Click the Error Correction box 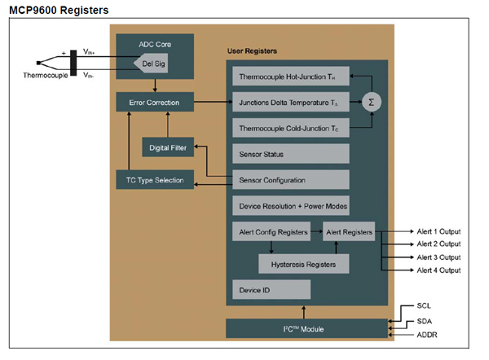pos(154,103)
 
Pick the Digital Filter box pos(169,147)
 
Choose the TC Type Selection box pos(155,180)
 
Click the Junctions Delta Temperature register pos(291,103)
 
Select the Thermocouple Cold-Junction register pos(291,128)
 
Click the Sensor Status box pos(291,153)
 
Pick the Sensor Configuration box pos(291,179)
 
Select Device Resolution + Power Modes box pos(291,205)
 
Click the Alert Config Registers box pos(271,232)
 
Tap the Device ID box pos(271,289)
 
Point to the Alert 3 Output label pos(439,257)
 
